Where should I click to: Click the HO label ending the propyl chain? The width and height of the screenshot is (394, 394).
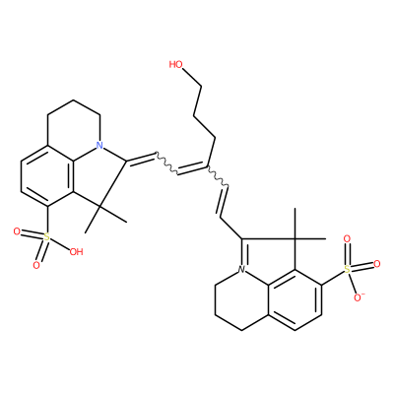click(175, 64)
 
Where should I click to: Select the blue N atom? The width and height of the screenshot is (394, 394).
click(99, 145)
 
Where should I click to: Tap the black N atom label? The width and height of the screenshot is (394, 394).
click(242, 270)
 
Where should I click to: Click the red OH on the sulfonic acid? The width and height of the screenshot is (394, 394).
click(76, 252)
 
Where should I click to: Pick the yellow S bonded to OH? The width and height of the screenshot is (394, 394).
click(47, 237)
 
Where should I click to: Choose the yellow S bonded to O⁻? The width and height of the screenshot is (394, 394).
click(347, 270)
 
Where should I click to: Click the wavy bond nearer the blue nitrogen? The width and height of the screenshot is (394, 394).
click(166, 163)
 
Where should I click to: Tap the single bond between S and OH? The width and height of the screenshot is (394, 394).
click(60, 244)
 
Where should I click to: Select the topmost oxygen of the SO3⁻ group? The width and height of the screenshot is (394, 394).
click(347, 238)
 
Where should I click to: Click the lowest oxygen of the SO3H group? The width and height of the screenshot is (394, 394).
click(36, 265)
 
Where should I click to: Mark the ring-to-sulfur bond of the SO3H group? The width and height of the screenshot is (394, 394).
click(47, 220)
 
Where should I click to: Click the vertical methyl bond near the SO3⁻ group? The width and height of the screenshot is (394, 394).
click(295, 224)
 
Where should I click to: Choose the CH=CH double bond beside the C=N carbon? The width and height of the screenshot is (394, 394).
click(224, 203)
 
